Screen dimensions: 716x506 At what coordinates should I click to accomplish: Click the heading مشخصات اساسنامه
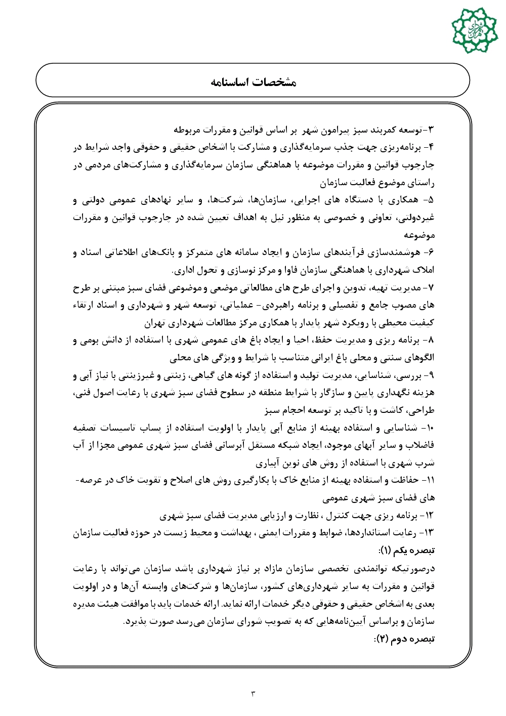(x=254, y=82)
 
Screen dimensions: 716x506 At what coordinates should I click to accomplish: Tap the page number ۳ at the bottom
(x=254, y=693)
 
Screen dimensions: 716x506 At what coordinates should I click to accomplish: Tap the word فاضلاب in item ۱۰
(x=419, y=446)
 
